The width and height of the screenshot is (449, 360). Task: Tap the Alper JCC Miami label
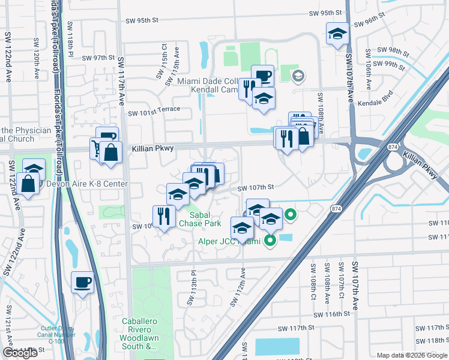229,241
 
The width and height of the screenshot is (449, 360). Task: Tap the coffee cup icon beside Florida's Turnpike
82,281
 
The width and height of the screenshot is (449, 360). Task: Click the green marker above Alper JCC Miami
291,214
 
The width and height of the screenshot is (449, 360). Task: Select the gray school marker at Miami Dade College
298,76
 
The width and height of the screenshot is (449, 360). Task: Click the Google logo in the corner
20,353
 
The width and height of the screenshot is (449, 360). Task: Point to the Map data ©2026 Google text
411,355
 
